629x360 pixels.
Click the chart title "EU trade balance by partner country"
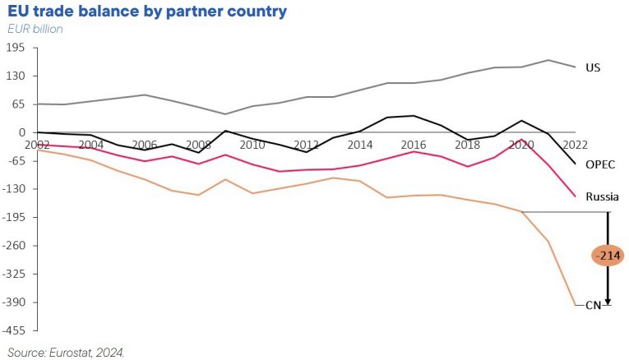tap(146, 12)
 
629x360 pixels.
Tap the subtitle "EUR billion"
tap(35, 29)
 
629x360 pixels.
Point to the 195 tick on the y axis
tap(16, 48)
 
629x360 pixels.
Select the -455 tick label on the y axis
tap(15, 330)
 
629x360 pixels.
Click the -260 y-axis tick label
tap(15, 246)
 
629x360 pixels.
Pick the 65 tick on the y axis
tap(19, 104)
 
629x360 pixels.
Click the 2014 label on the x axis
tap(360, 145)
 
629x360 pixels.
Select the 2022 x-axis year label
tap(574, 145)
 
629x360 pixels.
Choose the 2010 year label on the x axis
tap(252, 145)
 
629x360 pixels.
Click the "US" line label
tap(592, 67)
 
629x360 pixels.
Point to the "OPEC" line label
tap(599, 164)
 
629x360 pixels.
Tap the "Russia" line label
tap(601, 196)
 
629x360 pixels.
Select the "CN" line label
tap(593, 305)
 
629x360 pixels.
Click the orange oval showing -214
tap(608, 256)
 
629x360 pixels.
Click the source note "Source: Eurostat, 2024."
tap(65, 352)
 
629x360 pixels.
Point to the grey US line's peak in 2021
tap(548, 60)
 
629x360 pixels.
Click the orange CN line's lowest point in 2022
tap(575, 306)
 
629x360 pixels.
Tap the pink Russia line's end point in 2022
tap(575, 196)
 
